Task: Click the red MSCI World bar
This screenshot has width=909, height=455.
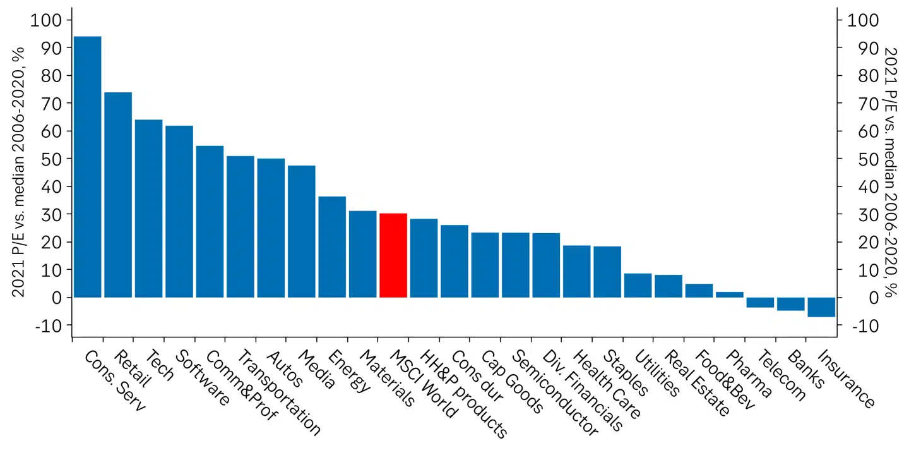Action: [x=393, y=255]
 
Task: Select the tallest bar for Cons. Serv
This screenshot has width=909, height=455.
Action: [x=87, y=167]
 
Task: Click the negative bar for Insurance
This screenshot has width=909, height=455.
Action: [x=821, y=307]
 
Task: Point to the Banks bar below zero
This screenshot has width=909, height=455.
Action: [x=790, y=304]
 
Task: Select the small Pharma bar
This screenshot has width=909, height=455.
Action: [x=729, y=294]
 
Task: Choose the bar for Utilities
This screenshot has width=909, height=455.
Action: [x=638, y=285]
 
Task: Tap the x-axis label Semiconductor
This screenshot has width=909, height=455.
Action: [x=554, y=393]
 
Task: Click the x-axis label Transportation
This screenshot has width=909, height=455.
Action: [x=280, y=393]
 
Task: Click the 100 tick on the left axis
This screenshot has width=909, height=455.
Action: [x=46, y=20]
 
